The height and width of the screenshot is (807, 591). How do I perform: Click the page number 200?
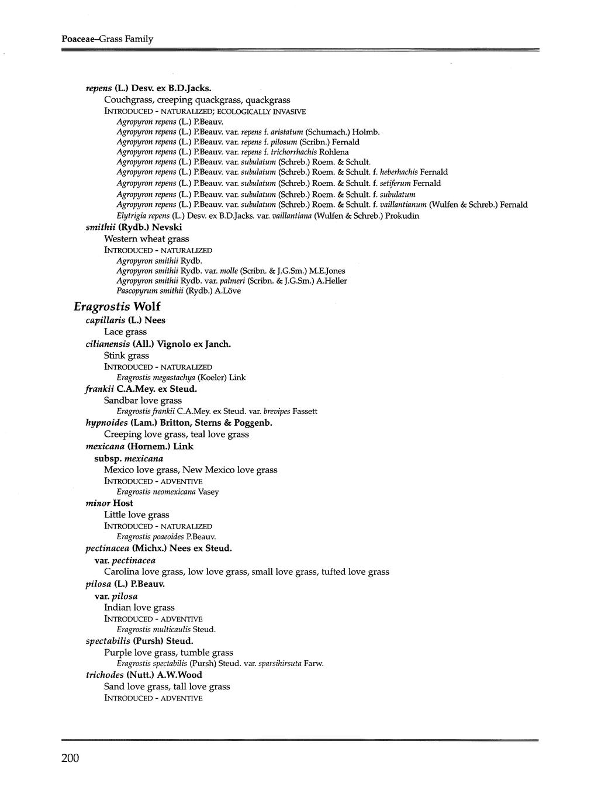70,758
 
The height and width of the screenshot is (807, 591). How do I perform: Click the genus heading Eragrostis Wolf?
117,306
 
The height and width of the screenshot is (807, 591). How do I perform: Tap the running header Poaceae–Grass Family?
107,39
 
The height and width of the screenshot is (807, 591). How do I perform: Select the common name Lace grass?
125,332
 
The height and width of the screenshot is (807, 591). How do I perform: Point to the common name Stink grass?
126,356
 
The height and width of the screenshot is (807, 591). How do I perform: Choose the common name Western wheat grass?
146,239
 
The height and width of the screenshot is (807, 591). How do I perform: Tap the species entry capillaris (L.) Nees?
126,320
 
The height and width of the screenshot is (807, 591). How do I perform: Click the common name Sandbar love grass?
143,401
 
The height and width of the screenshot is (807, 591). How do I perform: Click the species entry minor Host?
109,503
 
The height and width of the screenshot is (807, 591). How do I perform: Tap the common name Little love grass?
136,515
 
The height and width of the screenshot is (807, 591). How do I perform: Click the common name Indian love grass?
139,608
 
